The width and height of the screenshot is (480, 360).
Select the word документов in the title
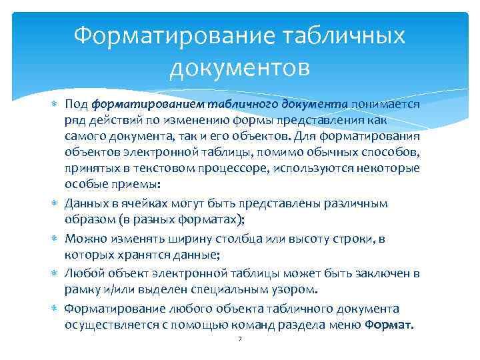pyautogui.click(x=240, y=67)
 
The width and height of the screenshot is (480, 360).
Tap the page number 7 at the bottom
pyautogui.click(x=240, y=340)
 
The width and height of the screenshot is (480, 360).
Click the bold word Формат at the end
pyautogui.click(x=389, y=325)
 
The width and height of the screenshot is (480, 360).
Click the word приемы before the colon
pyautogui.click(x=127, y=184)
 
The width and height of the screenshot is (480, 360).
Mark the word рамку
pyautogui.click(x=81, y=289)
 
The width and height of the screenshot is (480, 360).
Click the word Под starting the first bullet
pyautogui.click(x=76, y=104)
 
